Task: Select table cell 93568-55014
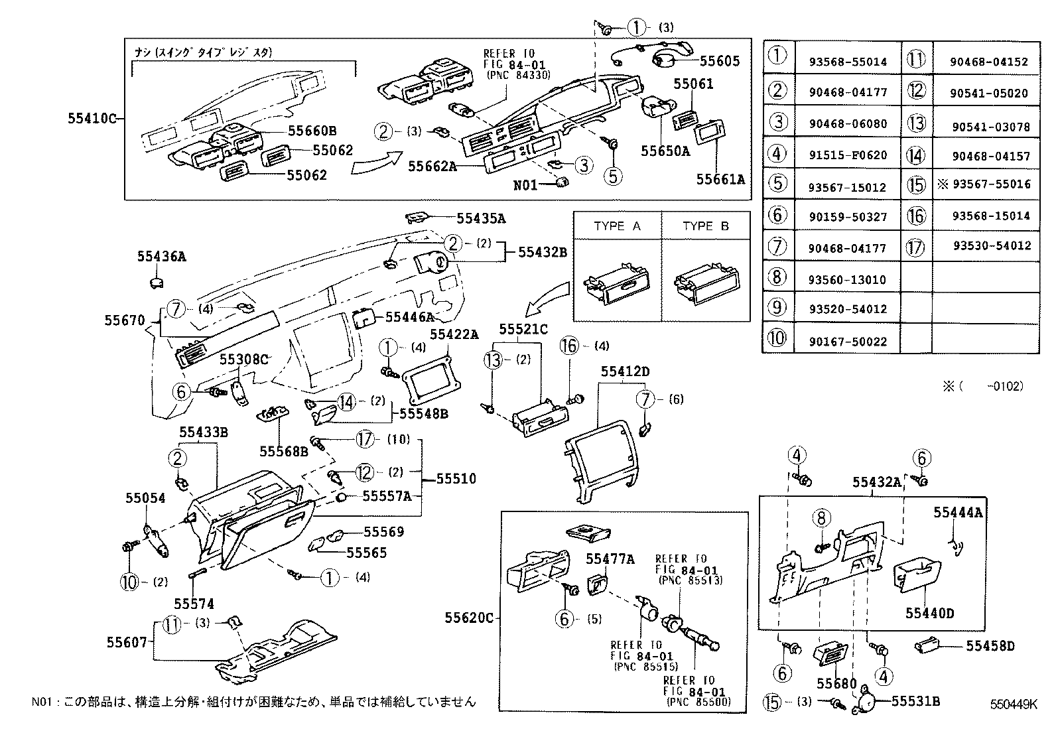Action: tap(848, 62)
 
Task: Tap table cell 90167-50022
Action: tap(848, 341)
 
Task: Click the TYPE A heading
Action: tap(617, 226)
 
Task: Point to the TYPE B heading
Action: tap(706, 226)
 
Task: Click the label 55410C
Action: tap(92, 119)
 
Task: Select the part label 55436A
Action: tap(162, 256)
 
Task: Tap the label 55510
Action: tap(456, 478)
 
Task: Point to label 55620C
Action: tap(469, 618)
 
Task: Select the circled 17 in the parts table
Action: tap(916, 247)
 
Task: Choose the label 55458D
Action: tap(990, 645)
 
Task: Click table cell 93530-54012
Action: tap(992, 246)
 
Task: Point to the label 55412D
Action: tap(625, 372)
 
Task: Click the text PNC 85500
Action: tap(698, 702)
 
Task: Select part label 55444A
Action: tap(958, 511)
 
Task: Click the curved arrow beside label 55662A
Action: tap(375, 163)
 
